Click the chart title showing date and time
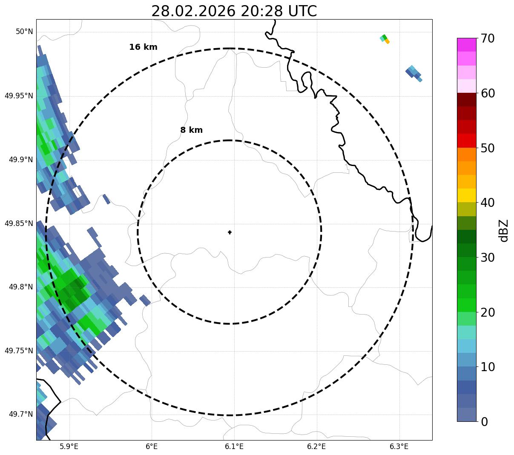coord(234,11)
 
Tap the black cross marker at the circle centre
coord(230,232)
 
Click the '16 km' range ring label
coord(143,47)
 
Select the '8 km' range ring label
coord(191,130)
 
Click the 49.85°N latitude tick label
coord(19,223)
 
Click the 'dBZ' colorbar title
coord(504,230)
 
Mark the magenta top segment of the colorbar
coord(466,45)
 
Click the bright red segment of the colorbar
coord(466,140)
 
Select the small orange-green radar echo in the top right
coord(385,39)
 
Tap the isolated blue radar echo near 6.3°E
coord(413,73)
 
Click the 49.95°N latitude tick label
coord(19,96)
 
